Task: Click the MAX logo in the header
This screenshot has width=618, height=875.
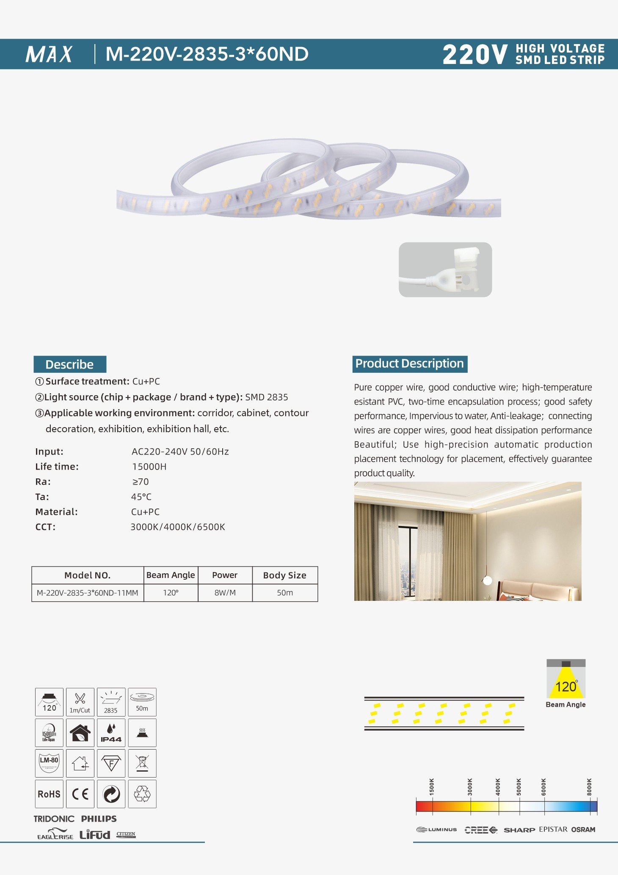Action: (49, 54)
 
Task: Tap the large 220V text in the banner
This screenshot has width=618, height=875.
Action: (475, 55)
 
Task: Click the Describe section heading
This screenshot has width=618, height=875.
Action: (70, 364)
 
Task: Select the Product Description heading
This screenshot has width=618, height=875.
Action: (409, 364)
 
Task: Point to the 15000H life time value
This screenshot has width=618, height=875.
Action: (149, 467)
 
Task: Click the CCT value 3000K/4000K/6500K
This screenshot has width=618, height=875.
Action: (178, 527)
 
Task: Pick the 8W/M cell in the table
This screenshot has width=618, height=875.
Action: (225, 592)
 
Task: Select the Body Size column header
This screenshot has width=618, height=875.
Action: (284, 575)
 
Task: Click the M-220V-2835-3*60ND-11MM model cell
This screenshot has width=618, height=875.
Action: (88, 592)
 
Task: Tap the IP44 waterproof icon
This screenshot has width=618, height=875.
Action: (111, 733)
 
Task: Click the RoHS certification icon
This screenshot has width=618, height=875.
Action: (49, 794)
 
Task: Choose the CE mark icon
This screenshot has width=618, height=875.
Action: (80, 794)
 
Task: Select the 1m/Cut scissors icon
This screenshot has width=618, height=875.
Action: (80, 702)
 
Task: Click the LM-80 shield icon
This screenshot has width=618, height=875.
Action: (49, 763)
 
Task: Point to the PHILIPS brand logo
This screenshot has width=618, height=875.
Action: (99, 819)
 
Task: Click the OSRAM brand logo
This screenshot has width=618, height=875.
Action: (583, 830)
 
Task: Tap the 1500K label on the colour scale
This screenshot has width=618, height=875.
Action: (432, 787)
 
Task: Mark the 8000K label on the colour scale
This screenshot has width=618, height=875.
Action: (589, 787)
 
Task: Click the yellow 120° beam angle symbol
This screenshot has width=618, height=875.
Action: (566, 683)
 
